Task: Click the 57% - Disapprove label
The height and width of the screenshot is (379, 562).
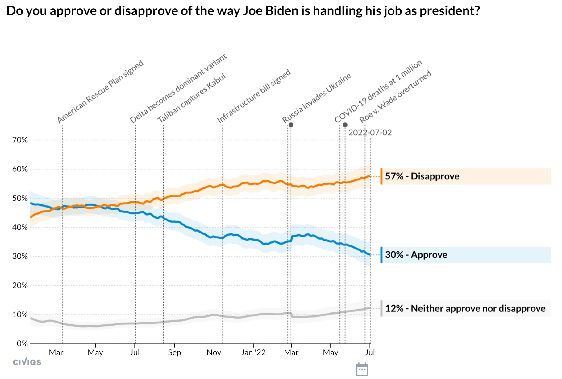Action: tap(422, 176)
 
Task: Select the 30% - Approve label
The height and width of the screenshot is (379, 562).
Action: tap(416, 255)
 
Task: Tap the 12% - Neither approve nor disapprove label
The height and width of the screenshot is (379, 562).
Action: tap(465, 308)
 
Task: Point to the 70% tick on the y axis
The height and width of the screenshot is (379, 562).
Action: tap(20, 140)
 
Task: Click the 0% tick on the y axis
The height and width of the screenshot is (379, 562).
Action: tap(22, 344)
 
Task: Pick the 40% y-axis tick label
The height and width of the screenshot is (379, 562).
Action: tap(20, 227)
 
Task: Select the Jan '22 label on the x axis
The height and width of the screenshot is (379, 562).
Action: tap(253, 352)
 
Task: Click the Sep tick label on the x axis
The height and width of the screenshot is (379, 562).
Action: tap(174, 352)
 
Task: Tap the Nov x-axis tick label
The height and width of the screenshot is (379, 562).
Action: tap(214, 352)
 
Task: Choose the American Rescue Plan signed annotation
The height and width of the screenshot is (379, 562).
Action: tap(100, 92)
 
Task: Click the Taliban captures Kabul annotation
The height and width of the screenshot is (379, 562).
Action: tap(192, 98)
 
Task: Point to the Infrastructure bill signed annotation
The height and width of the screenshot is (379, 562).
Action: tap(254, 96)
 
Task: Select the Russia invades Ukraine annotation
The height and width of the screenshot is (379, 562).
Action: tap(316, 98)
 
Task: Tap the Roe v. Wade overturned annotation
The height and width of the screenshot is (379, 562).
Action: tap(395, 96)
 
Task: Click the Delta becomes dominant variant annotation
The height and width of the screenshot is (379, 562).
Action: tap(178, 88)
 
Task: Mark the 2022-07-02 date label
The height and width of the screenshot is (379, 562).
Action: tap(370, 133)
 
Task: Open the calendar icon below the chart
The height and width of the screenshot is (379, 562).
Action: tap(362, 369)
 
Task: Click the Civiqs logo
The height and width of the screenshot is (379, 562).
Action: tap(27, 361)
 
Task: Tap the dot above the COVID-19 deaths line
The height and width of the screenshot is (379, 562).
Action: tap(345, 125)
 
